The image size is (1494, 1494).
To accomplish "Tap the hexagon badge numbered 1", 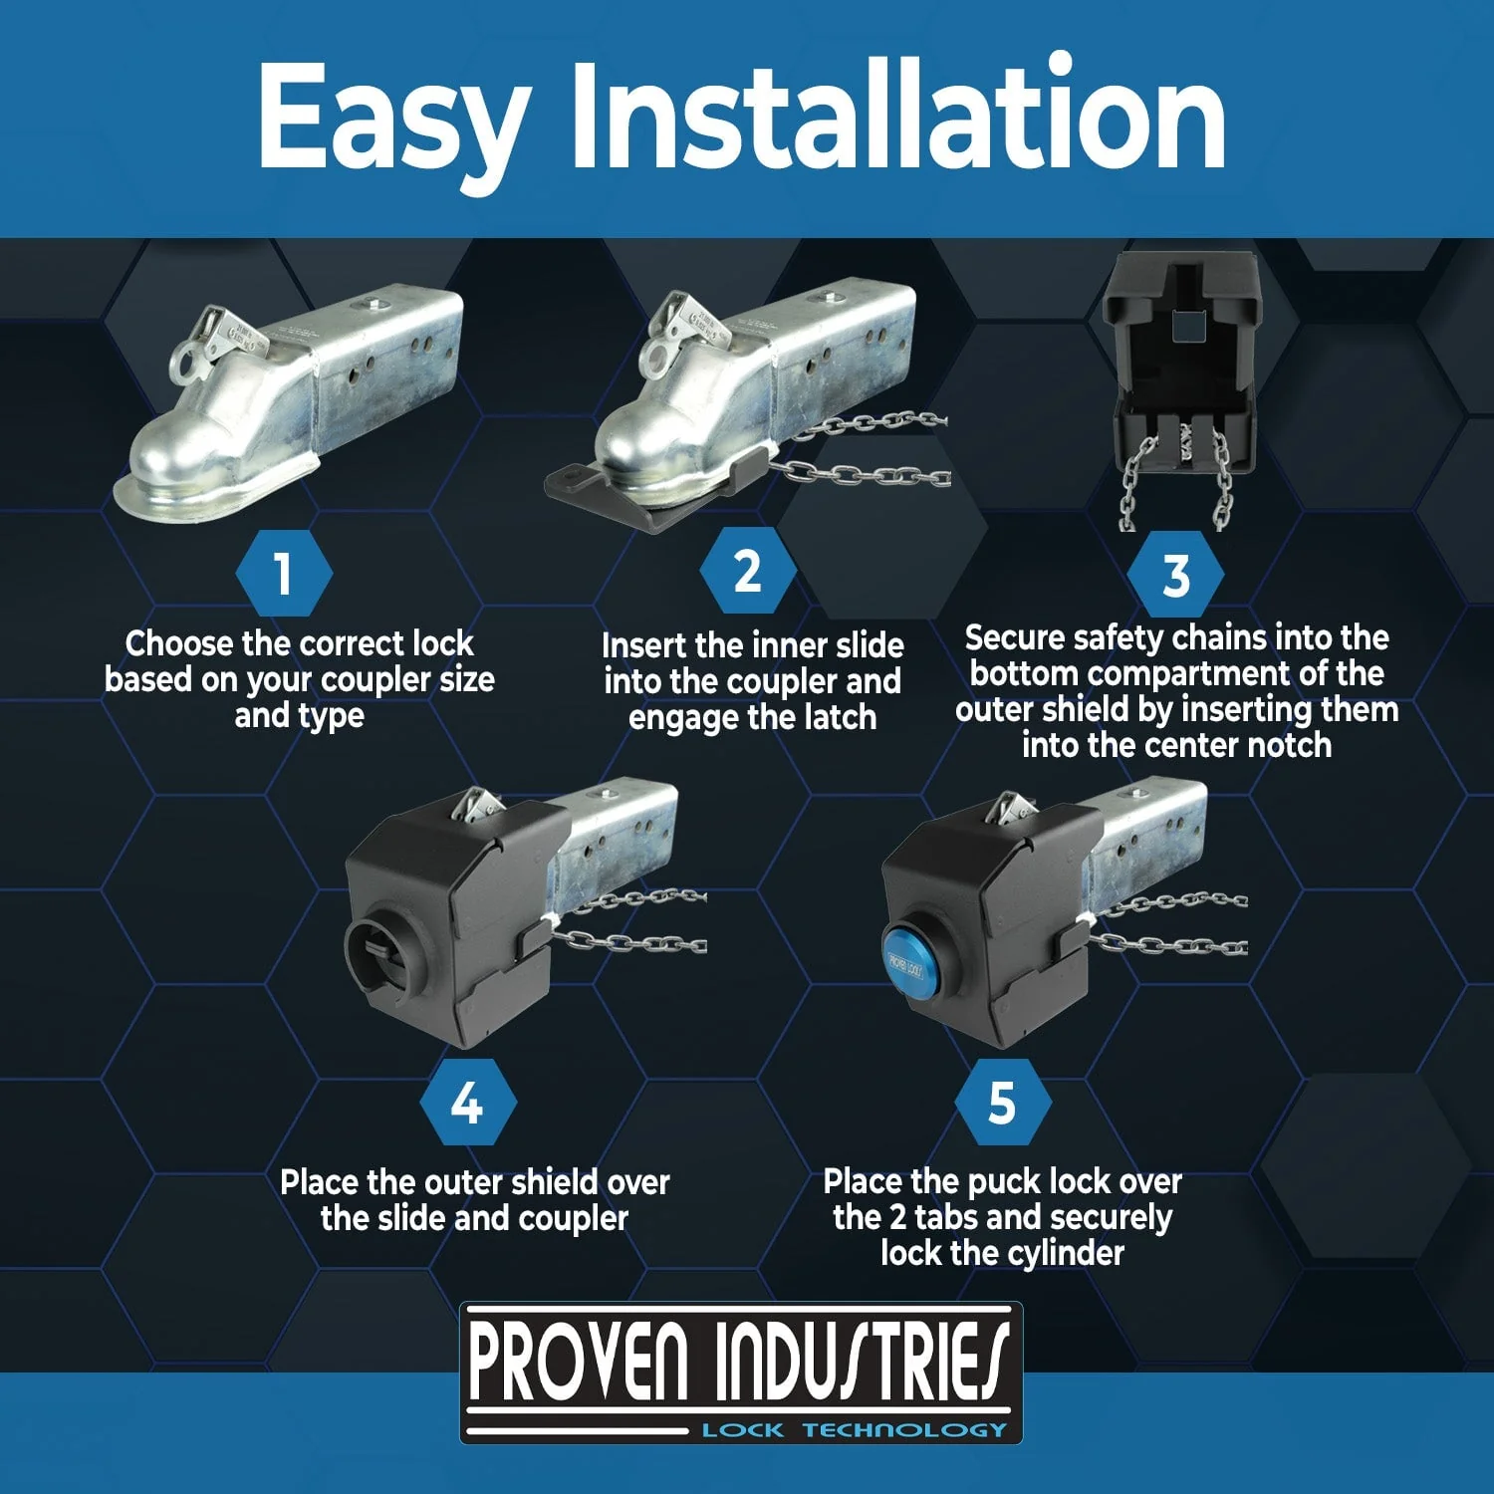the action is (x=284, y=574).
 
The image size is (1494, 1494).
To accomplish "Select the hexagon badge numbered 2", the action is (x=748, y=572).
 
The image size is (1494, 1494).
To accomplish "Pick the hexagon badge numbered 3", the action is (x=1176, y=576).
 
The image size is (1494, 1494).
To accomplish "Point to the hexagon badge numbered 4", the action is (x=467, y=1104).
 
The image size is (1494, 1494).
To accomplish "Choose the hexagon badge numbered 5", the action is (x=1002, y=1104).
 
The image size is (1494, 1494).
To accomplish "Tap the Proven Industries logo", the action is (x=741, y=1372).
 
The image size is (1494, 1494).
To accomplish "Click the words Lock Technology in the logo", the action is (x=855, y=1429).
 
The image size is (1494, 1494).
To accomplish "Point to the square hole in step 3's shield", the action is (x=1183, y=325).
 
